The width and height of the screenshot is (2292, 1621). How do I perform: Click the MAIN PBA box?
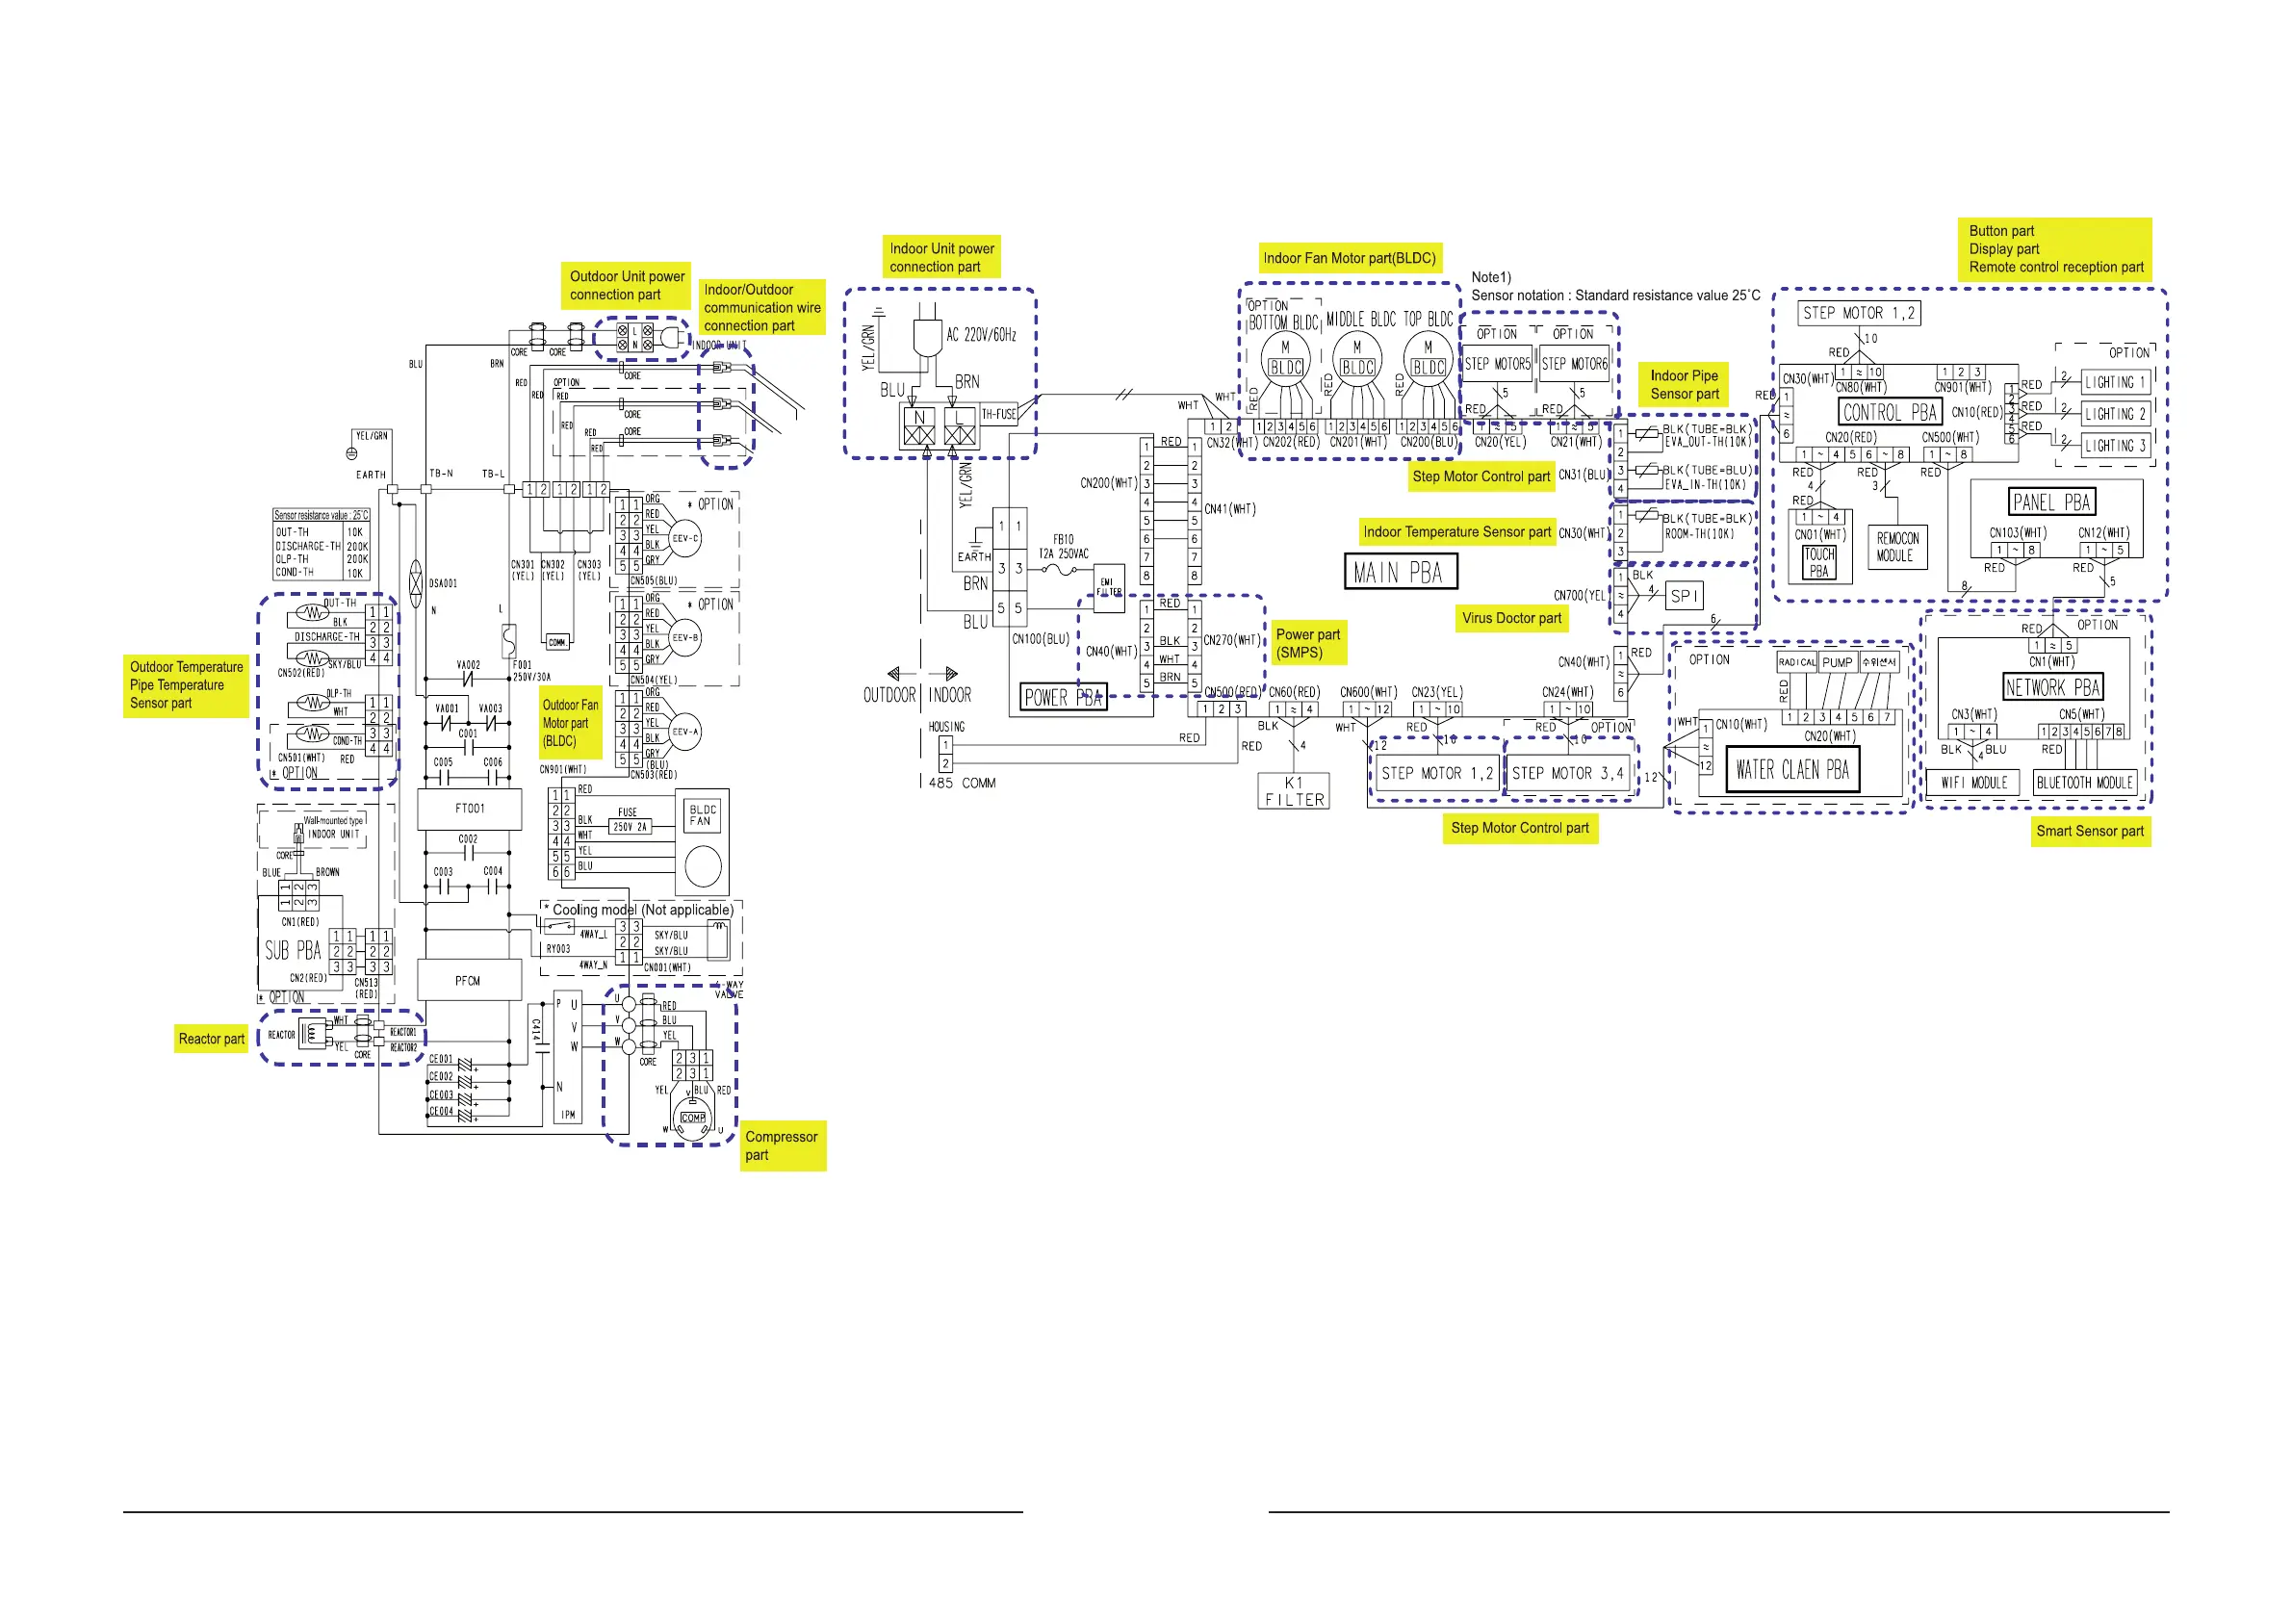[1400, 572]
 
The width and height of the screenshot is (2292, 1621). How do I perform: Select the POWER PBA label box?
[1063, 697]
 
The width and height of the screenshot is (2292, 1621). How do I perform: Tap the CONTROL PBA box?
[1889, 412]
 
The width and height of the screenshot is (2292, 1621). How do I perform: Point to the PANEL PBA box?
[2051, 502]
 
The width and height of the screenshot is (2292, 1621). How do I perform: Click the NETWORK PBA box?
[2052, 687]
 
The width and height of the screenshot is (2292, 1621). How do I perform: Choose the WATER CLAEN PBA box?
[1791, 769]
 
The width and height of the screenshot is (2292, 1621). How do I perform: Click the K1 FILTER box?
[1294, 790]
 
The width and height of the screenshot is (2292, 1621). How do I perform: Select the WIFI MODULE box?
[1973, 783]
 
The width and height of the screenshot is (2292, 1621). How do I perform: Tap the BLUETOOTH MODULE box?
[2084, 783]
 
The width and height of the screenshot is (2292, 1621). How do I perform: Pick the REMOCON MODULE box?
[1897, 547]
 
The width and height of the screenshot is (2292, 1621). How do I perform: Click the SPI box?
[1683, 596]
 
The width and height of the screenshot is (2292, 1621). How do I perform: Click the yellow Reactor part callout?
[212, 1039]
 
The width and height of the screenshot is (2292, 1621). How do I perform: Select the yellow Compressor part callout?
[782, 1145]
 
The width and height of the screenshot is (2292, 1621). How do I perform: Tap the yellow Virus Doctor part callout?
[1511, 619]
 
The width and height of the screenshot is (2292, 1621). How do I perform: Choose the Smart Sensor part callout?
[2089, 832]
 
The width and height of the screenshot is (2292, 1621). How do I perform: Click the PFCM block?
[468, 980]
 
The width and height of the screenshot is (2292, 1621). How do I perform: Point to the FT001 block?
[469, 809]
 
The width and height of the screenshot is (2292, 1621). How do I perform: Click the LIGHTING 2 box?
[2114, 414]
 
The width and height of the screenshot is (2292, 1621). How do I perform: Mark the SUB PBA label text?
[294, 950]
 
